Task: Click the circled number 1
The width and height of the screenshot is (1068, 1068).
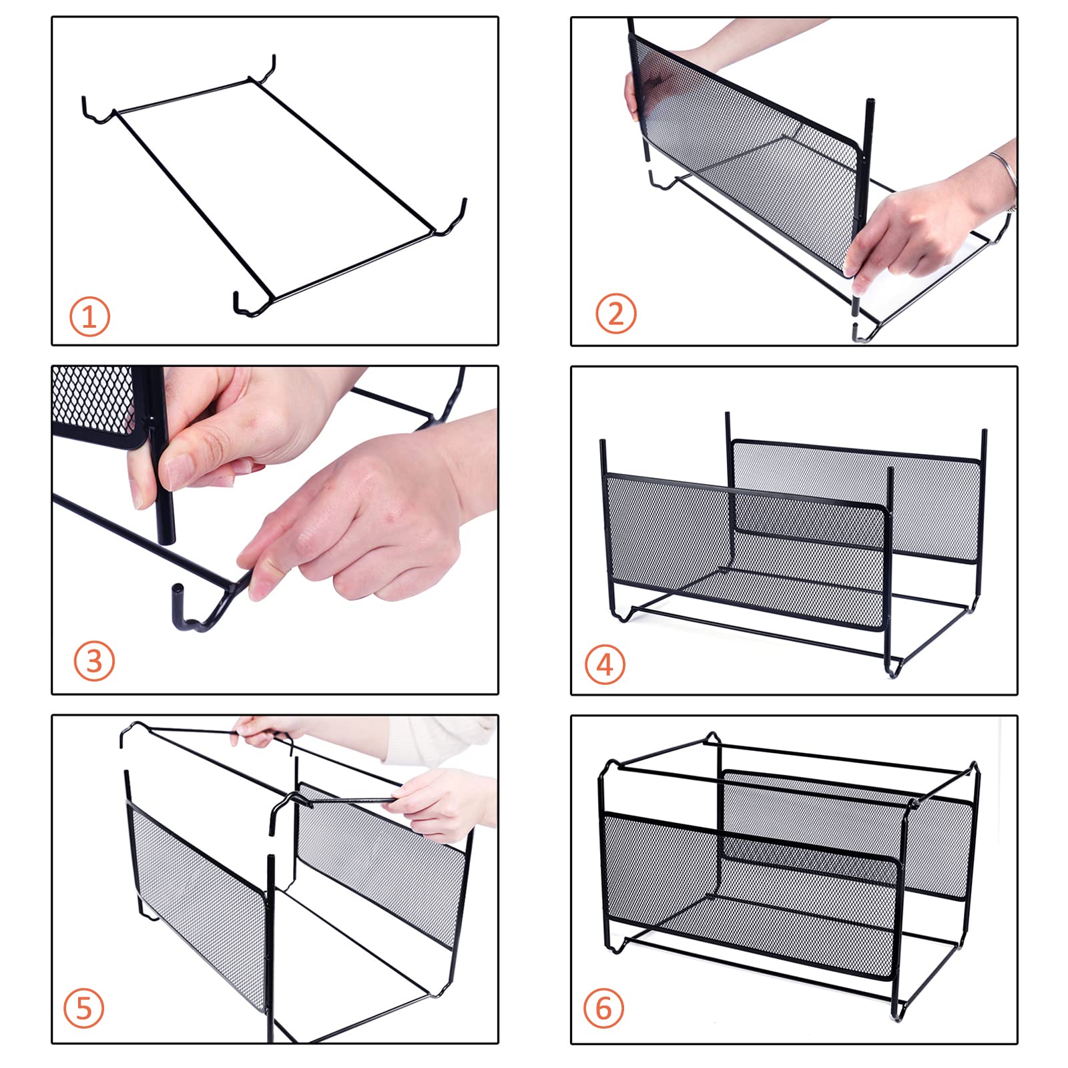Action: click(x=89, y=316)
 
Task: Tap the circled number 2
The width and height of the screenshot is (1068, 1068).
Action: click(x=615, y=313)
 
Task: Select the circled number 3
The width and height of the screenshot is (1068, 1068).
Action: click(x=94, y=661)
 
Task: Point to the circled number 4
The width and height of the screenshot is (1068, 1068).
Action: click(x=605, y=665)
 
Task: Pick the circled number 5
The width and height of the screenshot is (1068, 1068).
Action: click(x=84, y=1008)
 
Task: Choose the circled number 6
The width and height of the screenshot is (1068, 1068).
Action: click(x=604, y=1008)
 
